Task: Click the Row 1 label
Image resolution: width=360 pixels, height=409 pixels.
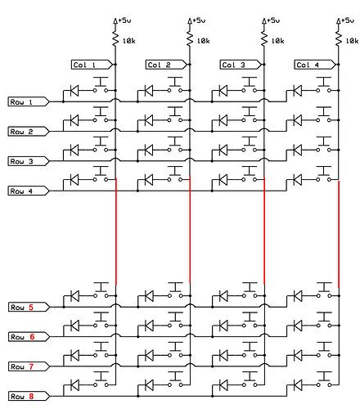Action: (23, 102)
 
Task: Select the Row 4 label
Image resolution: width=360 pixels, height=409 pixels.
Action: (23, 191)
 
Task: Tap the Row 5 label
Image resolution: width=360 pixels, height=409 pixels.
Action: (23, 308)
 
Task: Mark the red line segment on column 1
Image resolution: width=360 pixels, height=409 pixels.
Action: (116, 233)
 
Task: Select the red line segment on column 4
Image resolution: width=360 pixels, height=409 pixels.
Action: (339, 233)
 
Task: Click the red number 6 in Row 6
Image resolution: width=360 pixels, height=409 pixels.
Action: (31, 337)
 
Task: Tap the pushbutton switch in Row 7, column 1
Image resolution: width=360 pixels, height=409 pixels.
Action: (102, 353)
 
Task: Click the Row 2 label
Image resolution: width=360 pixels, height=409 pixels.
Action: (23, 132)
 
